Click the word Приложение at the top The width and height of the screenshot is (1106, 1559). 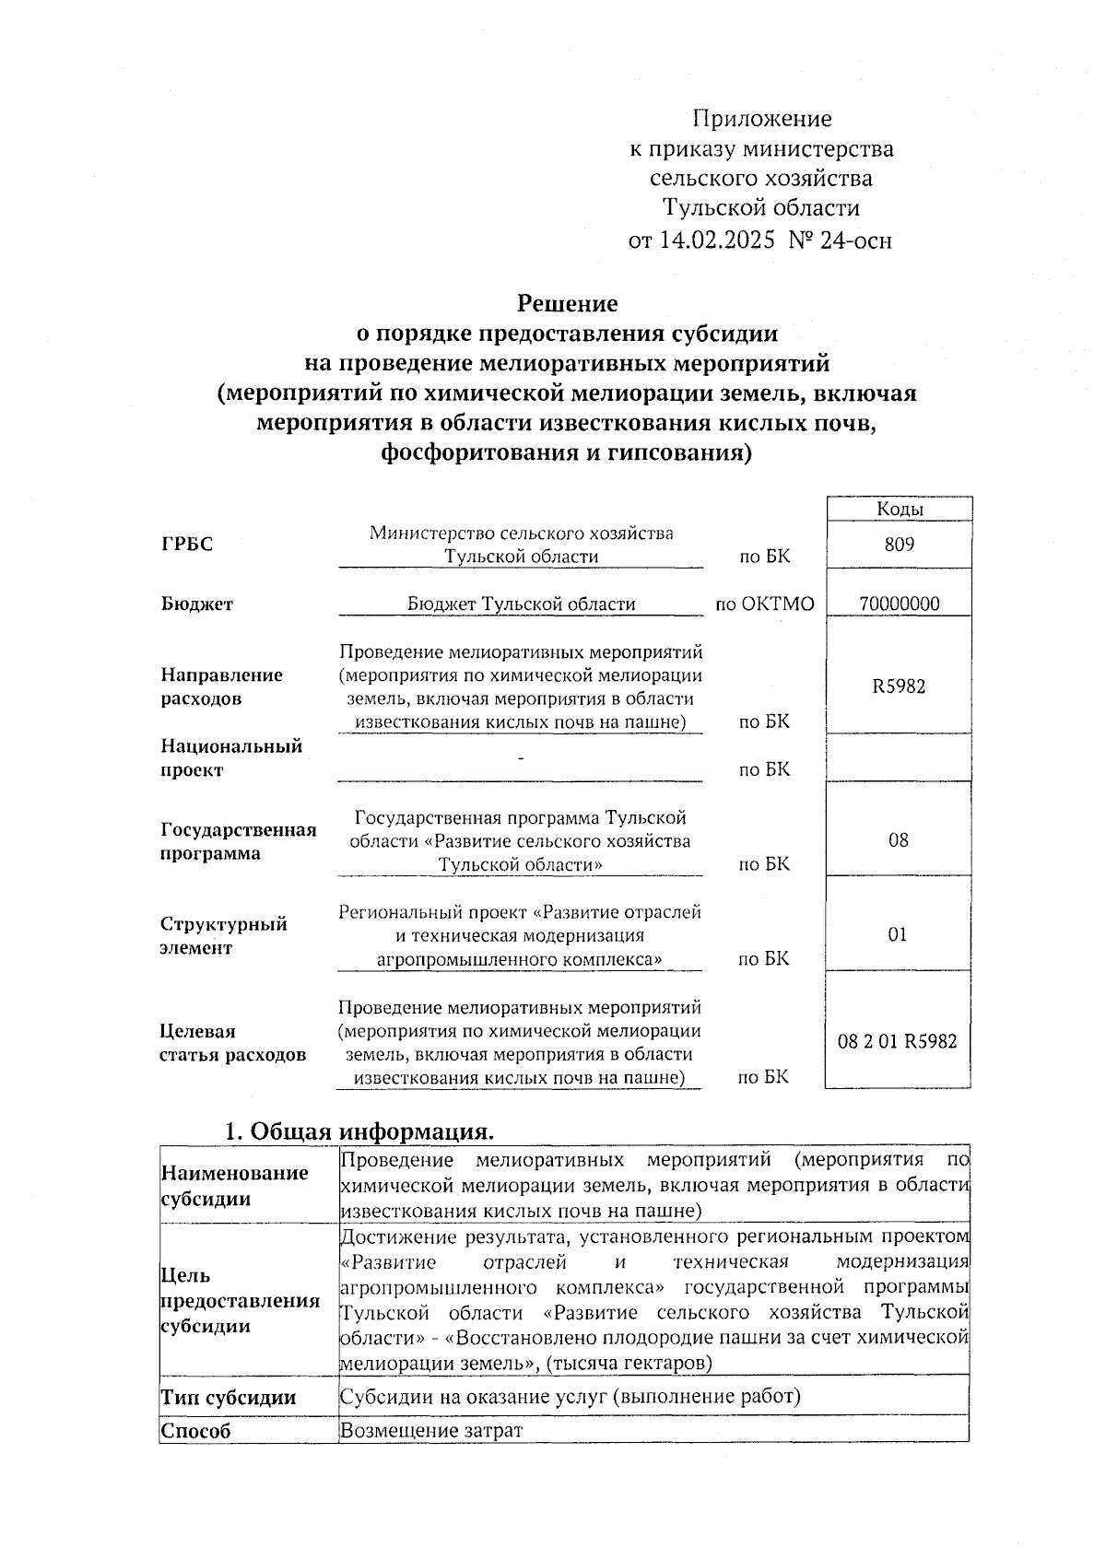pos(761,119)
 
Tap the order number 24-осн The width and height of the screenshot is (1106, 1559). pos(854,240)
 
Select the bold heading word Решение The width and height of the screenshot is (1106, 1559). pos(567,303)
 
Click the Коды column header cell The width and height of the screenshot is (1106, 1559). pos(899,509)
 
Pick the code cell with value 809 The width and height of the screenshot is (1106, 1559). pos(899,545)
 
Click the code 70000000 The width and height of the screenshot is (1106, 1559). pos(899,604)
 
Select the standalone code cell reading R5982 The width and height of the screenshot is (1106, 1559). pos(899,686)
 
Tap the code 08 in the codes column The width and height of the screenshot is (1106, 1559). pos(898,840)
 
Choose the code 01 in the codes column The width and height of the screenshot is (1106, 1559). pos(898,935)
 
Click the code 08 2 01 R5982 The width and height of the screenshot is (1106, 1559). pos(897,1042)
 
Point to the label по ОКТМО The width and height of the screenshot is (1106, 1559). pos(765,604)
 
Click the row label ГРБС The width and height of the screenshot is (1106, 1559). pos(187,545)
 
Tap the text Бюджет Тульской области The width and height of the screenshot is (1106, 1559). pos(521,604)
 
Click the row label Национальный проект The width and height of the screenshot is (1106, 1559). pos(230,757)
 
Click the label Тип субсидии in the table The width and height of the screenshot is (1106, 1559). pos(229,1397)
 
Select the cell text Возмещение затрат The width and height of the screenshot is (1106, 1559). pos(430,1430)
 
